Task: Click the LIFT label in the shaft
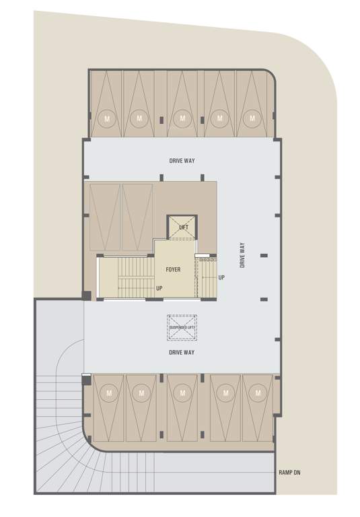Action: (x=184, y=228)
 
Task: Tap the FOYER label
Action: (x=173, y=269)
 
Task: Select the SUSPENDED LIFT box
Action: (x=182, y=328)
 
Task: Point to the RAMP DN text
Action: (x=289, y=473)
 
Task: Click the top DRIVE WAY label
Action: (x=182, y=161)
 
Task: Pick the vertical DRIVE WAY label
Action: (x=242, y=255)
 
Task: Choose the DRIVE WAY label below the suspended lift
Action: (x=182, y=353)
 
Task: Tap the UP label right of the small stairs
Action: (x=221, y=277)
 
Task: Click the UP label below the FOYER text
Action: (x=159, y=288)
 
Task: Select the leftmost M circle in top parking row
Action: (x=107, y=118)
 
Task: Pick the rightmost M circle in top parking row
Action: (x=252, y=118)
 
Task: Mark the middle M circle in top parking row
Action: (x=181, y=118)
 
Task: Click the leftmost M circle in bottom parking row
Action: (x=108, y=392)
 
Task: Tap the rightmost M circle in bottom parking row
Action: (x=258, y=392)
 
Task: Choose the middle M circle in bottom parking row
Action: (x=182, y=392)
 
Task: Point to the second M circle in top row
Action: (x=139, y=118)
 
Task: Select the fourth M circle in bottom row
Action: (x=225, y=392)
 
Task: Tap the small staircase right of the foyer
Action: (x=205, y=276)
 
